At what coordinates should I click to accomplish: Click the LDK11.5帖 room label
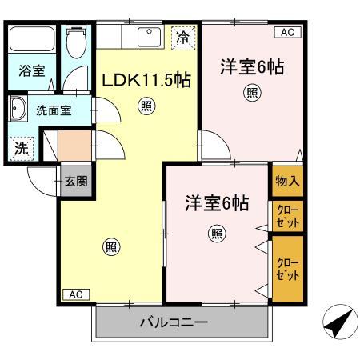point(145,80)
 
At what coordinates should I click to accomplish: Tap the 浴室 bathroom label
point(32,70)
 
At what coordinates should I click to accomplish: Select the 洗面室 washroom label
point(54,110)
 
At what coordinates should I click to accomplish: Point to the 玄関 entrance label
point(77,181)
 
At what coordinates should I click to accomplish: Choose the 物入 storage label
point(287,181)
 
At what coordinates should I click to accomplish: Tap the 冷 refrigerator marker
point(183,37)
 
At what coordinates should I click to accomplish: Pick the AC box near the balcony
point(75,294)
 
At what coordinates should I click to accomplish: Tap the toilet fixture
point(77,43)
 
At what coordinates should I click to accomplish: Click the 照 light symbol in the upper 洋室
point(252,93)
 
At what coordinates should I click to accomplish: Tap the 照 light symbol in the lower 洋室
point(216,233)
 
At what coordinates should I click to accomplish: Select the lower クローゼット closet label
point(287,268)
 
